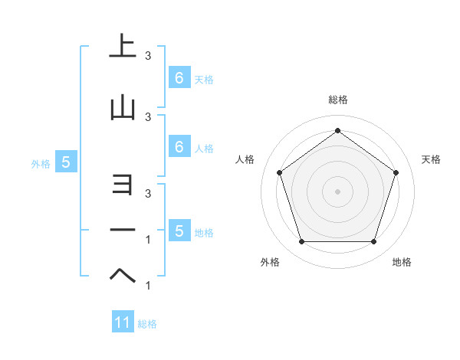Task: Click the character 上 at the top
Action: tap(123, 46)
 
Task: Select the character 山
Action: tap(123, 108)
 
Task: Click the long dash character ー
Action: tap(123, 229)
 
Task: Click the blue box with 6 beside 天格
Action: tap(179, 78)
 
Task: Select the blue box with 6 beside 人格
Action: tap(179, 147)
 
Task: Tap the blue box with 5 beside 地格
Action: tap(179, 231)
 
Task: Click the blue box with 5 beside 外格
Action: tap(66, 162)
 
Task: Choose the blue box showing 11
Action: tap(123, 322)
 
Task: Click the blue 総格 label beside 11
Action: tap(147, 324)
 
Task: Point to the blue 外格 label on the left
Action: tap(41, 163)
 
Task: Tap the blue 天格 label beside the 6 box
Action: tap(204, 79)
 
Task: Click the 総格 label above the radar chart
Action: tap(337, 100)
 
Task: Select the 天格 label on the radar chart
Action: tap(432, 159)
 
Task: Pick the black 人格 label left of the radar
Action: tap(245, 159)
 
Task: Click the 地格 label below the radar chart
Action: tap(402, 262)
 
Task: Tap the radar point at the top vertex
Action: tap(337, 130)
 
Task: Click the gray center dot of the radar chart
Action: tap(337, 191)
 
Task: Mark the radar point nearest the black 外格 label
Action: tap(301, 242)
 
